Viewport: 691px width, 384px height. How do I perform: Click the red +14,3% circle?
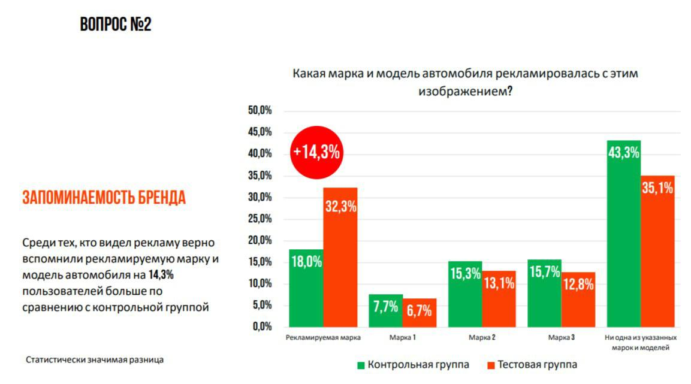click(316, 152)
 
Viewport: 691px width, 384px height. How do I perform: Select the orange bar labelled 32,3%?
click(340, 258)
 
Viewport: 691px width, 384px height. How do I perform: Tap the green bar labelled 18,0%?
click(306, 288)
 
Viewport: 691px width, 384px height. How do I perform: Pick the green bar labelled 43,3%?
click(624, 234)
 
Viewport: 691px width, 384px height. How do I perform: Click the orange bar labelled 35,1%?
click(657, 251)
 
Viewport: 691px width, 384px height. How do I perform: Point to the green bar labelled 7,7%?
click(385, 311)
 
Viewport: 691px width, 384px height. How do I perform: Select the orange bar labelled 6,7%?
click(420, 313)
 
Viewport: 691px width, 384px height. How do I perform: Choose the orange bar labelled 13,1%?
click(499, 299)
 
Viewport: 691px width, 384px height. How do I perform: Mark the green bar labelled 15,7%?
click(544, 293)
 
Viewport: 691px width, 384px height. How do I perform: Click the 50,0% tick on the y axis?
click(259, 111)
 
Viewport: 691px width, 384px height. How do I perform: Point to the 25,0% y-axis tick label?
click(259, 219)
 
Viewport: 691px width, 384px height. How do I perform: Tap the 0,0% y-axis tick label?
click(261, 327)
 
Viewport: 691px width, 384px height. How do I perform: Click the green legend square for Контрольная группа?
click(361, 365)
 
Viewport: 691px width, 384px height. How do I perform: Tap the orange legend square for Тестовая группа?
click(490, 365)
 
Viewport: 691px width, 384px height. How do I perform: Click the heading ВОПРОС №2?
click(116, 25)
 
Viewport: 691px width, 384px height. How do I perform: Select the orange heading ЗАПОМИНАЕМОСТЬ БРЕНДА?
click(104, 198)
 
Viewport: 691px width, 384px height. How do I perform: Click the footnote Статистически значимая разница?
click(95, 360)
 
